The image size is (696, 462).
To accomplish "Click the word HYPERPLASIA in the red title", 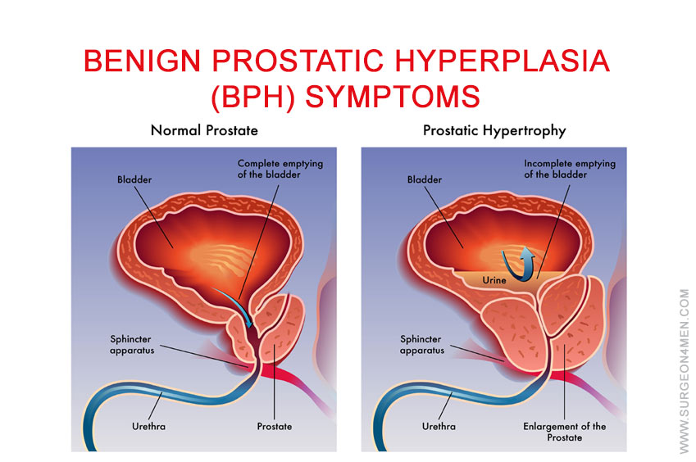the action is point(502,61).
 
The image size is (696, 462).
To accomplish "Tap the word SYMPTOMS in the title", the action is point(393,96).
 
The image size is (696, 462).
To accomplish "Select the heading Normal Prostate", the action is point(204,130).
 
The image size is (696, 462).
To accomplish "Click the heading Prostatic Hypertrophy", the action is point(494,131).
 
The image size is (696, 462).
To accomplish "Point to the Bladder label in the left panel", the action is point(134,179).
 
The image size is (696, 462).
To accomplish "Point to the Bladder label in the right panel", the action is point(425,179).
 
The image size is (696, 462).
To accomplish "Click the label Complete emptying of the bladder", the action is point(280,169).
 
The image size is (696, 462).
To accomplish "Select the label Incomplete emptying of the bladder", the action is point(570,169).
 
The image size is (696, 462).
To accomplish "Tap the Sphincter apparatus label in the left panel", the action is point(132,345).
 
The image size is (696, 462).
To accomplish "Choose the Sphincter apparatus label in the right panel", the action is point(422,345).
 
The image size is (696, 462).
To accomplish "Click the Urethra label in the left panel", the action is point(148,427).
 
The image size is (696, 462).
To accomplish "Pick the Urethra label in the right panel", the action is point(439,427).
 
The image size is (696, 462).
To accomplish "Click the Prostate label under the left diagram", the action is point(275,427).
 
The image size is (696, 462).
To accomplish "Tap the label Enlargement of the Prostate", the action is point(565,432).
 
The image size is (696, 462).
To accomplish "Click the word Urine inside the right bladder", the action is point(494,280).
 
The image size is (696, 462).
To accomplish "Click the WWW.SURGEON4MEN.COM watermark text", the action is point(684,371).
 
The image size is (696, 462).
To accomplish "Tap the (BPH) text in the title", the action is point(253,97).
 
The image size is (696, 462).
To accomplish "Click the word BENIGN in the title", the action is point(142,61).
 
